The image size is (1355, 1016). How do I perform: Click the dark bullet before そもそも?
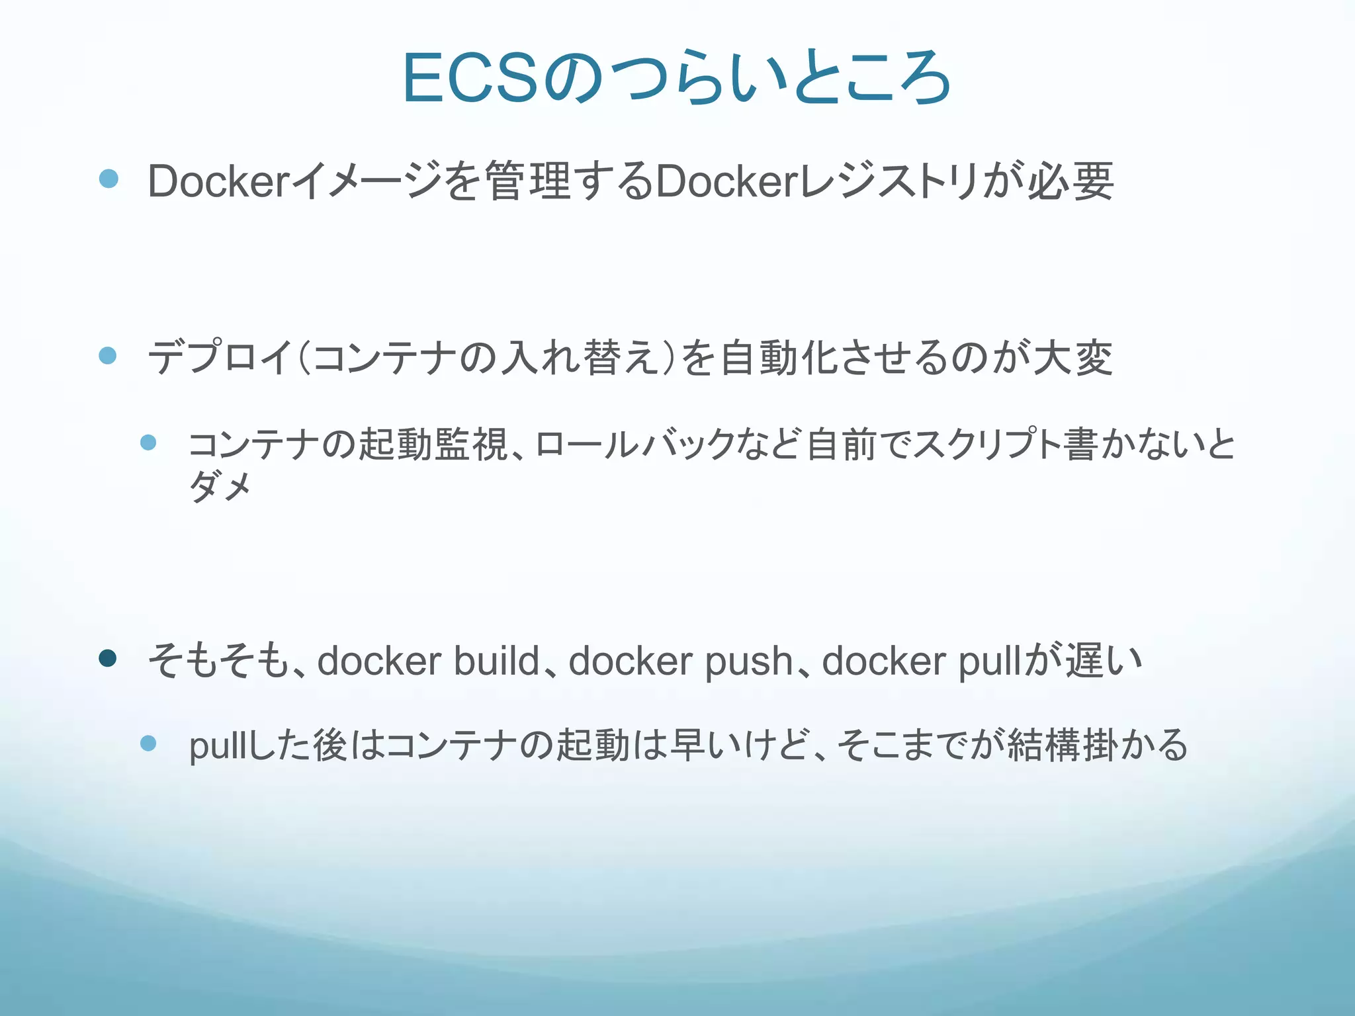108,658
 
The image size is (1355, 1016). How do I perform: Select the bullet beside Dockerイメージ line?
109,179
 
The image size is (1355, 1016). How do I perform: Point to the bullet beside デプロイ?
108,356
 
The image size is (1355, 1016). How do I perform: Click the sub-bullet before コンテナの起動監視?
148,443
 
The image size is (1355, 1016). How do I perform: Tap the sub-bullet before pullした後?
148,743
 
